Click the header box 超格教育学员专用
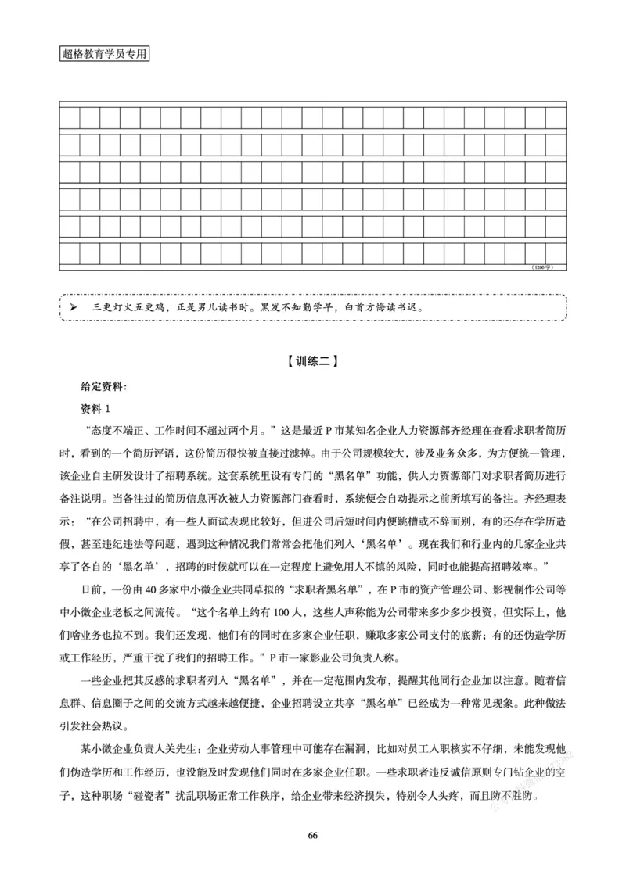click(x=103, y=55)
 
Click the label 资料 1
click(x=97, y=409)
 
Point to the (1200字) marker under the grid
click(x=542, y=267)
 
